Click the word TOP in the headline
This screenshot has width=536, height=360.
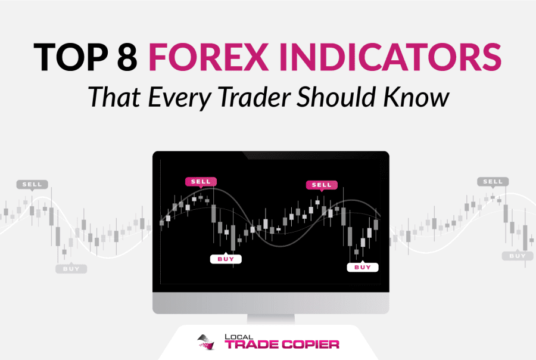[71, 57]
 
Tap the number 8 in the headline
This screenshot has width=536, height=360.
[127, 57]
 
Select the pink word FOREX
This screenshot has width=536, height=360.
[208, 57]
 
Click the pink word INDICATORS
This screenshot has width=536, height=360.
[390, 57]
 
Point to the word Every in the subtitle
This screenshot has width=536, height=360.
[180, 98]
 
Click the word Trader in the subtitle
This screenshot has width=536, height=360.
[255, 97]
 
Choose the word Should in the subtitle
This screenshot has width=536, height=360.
[336, 97]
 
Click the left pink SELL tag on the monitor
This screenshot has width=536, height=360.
[201, 182]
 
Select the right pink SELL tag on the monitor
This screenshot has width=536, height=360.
[322, 185]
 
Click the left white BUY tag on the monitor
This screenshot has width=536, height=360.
[226, 259]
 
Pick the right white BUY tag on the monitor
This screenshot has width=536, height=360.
[363, 267]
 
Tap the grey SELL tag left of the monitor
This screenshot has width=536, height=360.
[32, 185]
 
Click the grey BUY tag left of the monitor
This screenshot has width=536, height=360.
[71, 269]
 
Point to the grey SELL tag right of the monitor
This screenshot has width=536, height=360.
[493, 182]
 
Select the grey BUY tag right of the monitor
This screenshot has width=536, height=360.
[518, 256]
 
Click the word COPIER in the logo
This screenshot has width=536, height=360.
[311, 345]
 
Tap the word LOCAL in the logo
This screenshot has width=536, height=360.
[239, 337]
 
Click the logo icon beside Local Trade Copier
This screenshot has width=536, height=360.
[206, 342]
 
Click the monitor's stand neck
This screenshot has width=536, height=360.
[271, 319]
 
